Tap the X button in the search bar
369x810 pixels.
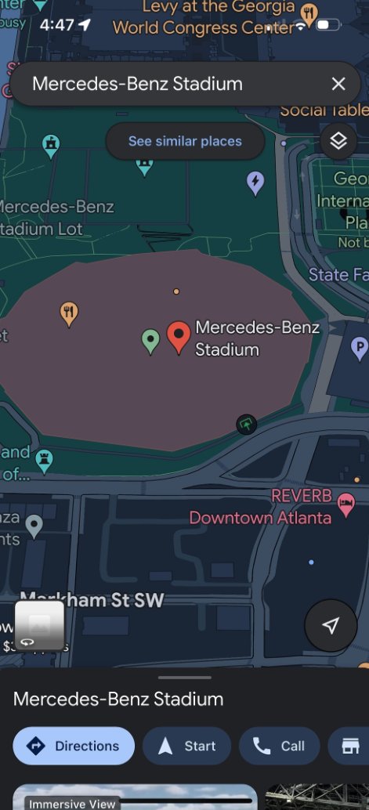pos(338,84)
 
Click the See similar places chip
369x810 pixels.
pos(185,142)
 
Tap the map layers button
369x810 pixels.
pos(338,141)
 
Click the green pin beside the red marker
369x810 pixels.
pos(150,340)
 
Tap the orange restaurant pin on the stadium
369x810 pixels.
pos(70,313)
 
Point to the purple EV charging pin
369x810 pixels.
pos(255,183)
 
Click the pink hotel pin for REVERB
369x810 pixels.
pos(345,501)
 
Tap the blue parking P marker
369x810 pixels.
pos(358,345)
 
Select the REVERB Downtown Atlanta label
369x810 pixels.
pos(260,508)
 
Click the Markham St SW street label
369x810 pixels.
pos(92,600)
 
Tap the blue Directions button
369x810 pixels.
pos(74,746)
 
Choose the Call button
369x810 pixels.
pos(280,746)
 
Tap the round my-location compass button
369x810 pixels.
pos(331,625)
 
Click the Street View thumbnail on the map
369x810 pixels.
pos(39,625)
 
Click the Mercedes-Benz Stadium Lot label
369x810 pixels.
pos(55,218)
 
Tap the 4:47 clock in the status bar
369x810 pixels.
pos(56,24)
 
